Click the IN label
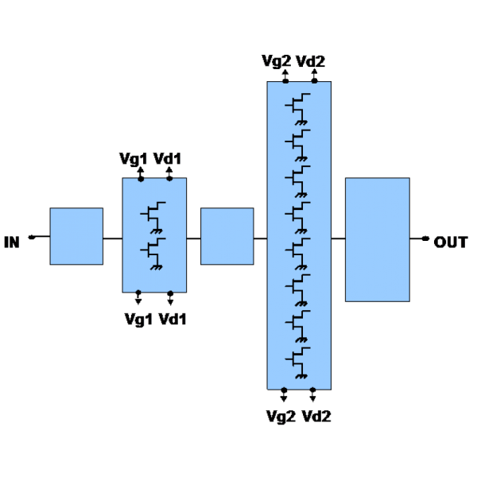pos(12,242)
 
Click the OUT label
pos(451,242)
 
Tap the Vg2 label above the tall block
pos(276,61)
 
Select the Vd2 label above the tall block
pos(310,61)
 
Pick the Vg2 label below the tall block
pos(281,416)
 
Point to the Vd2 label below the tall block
pos(316,416)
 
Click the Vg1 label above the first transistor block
pos(134,159)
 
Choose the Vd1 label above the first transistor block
pos(167,159)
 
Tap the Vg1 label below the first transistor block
pos(138,320)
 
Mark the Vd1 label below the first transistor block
pos(173,320)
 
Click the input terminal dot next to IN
pos(32,237)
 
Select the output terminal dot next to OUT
pos(425,238)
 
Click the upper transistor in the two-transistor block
pos(153,217)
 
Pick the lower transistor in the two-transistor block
pos(153,254)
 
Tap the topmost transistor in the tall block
pos(298,109)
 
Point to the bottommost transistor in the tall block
pos(298,363)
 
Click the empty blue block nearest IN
pos(76,236)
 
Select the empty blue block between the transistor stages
pos(227,236)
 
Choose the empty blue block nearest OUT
pos(378,240)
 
